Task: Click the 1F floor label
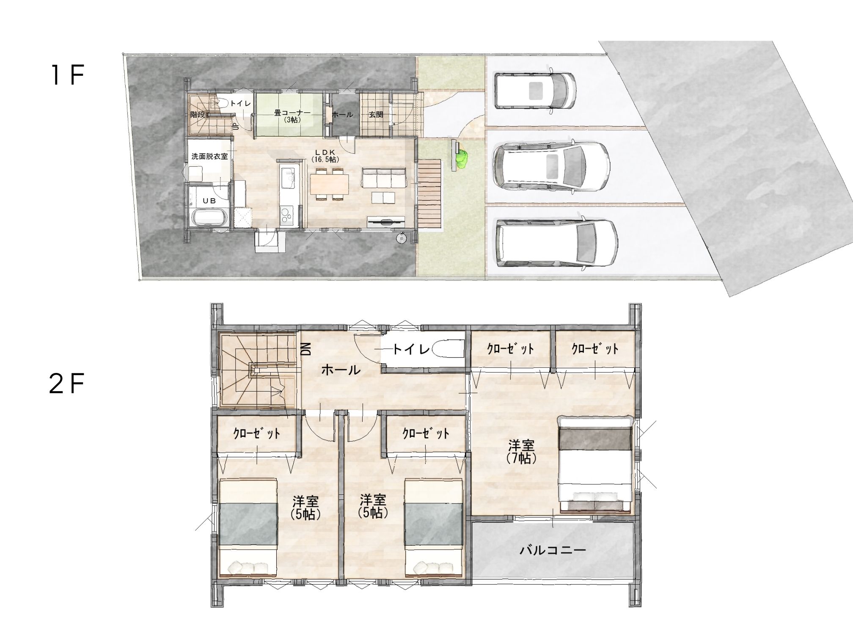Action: tap(67, 76)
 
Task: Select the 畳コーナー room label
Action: tap(292, 113)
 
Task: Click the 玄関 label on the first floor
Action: tap(376, 114)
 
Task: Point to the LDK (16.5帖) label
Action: tap(325, 155)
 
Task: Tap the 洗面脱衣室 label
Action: tap(209, 156)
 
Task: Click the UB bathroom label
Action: tap(209, 201)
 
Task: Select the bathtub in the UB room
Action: tap(211, 218)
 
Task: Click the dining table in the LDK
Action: tap(329, 184)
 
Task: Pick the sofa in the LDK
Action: tap(383, 177)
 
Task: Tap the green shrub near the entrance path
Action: tap(461, 158)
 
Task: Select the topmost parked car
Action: tap(535, 91)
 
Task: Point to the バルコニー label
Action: tap(553, 550)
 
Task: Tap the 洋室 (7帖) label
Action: tap(521, 452)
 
